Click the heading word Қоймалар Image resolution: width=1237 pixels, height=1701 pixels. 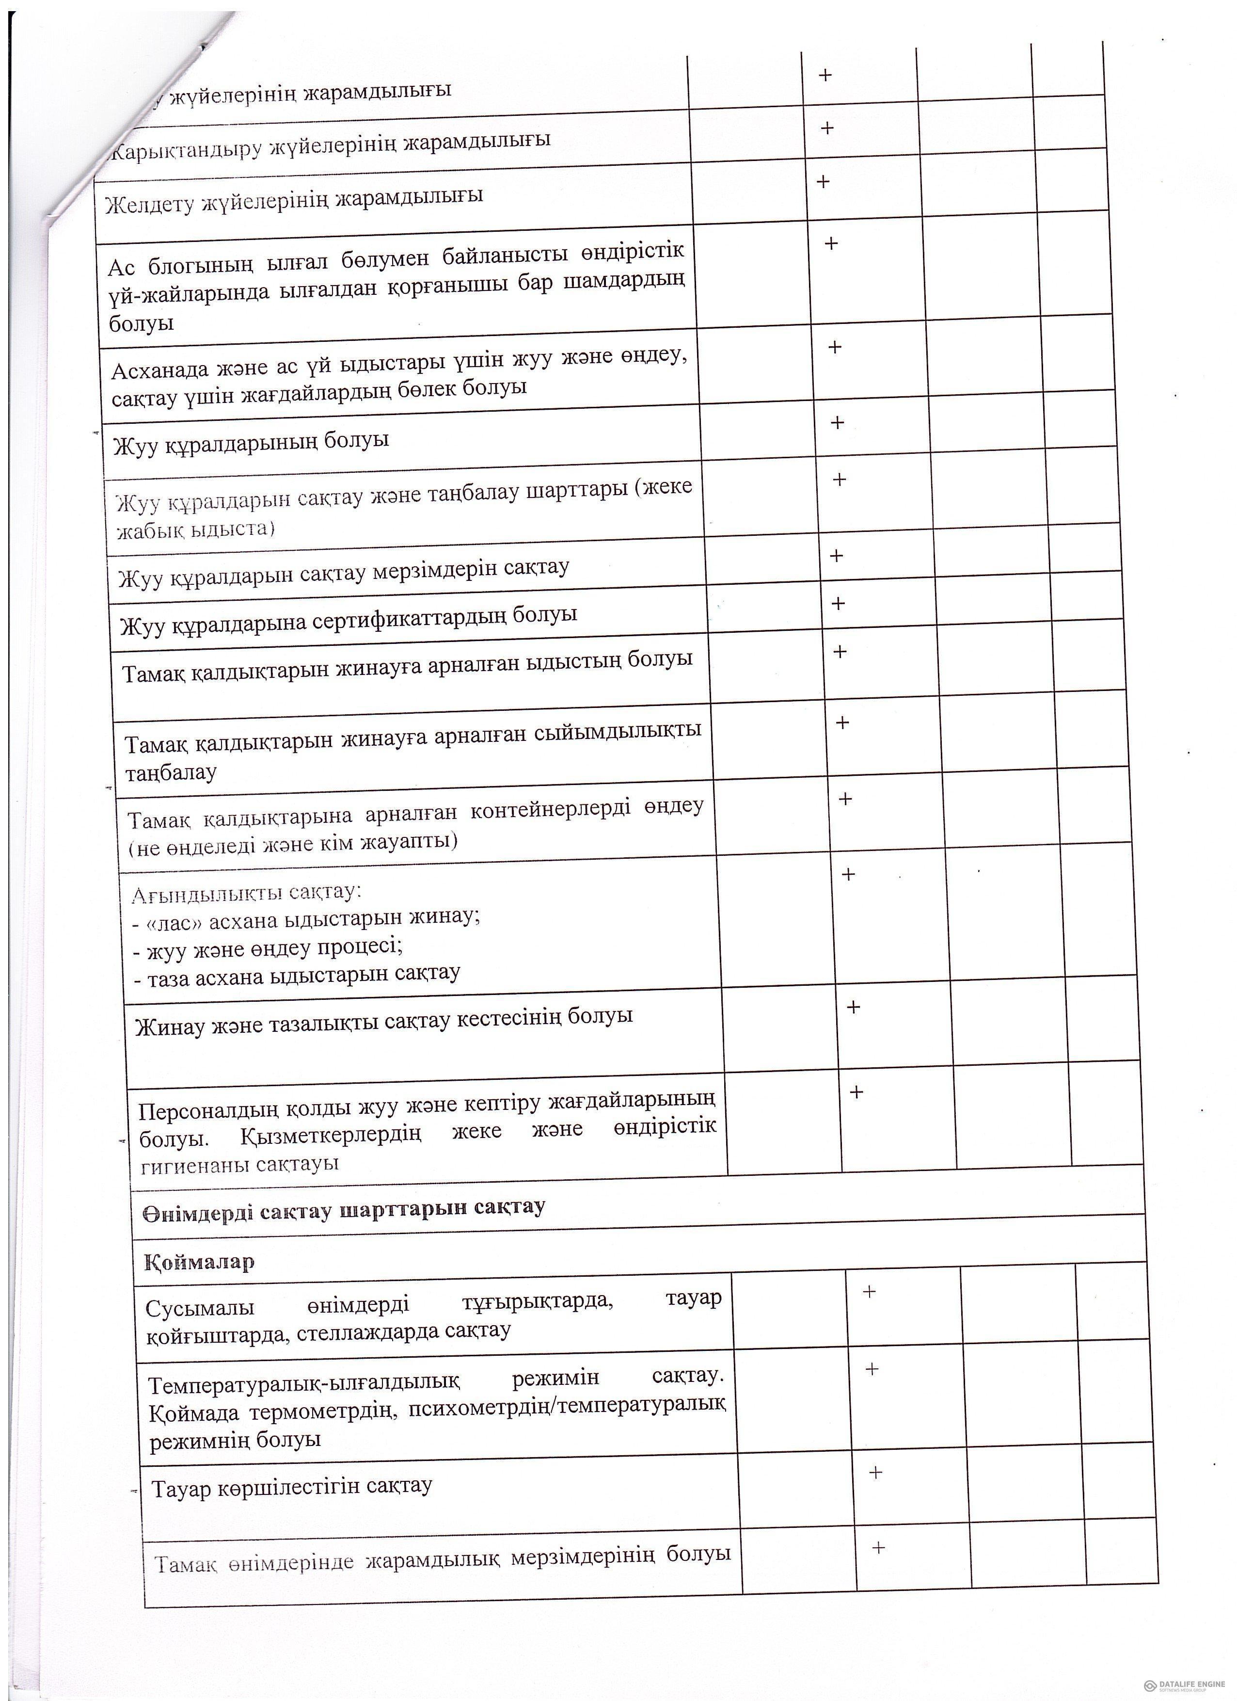coord(199,1262)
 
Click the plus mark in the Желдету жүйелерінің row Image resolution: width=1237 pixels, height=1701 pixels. coord(823,181)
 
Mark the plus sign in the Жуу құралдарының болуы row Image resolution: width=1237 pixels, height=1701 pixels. coord(838,422)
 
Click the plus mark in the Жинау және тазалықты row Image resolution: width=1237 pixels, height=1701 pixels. coord(853,1007)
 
